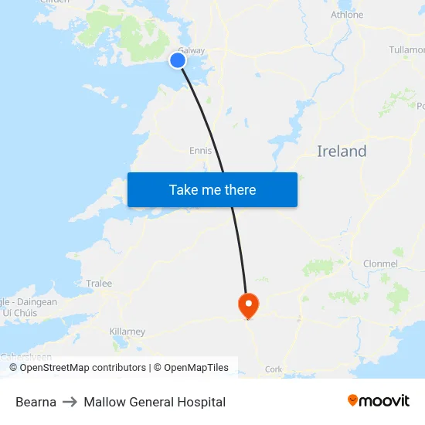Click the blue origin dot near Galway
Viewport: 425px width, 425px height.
pyautogui.click(x=178, y=60)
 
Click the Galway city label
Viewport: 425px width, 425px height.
pyautogui.click(x=192, y=50)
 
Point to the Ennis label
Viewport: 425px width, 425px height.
pyautogui.click(x=200, y=151)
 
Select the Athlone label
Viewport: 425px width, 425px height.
pyautogui.click(x=346, y=15)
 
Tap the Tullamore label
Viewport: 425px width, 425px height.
pyautogui.click(x=406, y=49)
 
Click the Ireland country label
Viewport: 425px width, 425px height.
pyautogui.click(x=342, y=151)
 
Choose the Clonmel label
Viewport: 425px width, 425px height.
pyautogui.click(x=380, y=263)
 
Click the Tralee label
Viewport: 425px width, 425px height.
pyautogui.click(x=99, y=284)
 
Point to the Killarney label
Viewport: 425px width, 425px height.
pyautogui.click(x=127, y=331)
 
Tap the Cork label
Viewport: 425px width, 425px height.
pyautogui.click(x=274, y=369)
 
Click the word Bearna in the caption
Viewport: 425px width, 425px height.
pyautogui.click(x=36, y=402)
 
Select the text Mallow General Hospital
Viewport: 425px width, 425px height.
pyautogui.click(x=155, y=402)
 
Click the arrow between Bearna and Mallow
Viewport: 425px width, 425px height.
pyautogui.click(x=70, y=402)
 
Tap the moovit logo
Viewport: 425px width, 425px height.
pyautogui.click(x=379, y=400)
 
